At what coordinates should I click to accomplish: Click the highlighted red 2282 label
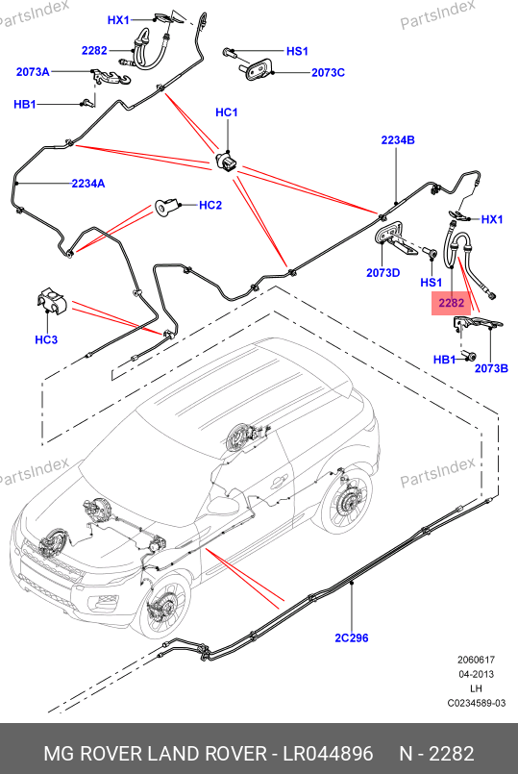[451, 303]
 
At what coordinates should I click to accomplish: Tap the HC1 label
[227, 112]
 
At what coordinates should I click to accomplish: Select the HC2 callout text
[210, 205]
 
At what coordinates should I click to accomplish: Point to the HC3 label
[46, 339]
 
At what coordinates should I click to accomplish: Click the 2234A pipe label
[88, 184]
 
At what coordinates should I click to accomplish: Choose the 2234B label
[398, 140]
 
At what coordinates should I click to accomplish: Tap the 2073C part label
[328, 72]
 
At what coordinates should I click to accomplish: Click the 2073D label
[382, 272]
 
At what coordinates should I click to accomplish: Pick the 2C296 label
[352, 637]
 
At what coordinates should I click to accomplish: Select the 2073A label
[33, 72]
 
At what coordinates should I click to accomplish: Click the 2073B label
[491, 368]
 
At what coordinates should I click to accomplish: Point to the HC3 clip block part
[51, 300]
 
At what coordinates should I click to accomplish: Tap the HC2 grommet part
[165, 207]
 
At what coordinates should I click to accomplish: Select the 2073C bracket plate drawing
[258, 68]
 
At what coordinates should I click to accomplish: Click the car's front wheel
[162, 604]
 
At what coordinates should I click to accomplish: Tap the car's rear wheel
[345, 500]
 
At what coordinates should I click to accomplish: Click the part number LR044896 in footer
[328, 754]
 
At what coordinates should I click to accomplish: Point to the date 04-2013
[476, 674]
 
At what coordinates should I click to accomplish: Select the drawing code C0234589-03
[477, 703]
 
